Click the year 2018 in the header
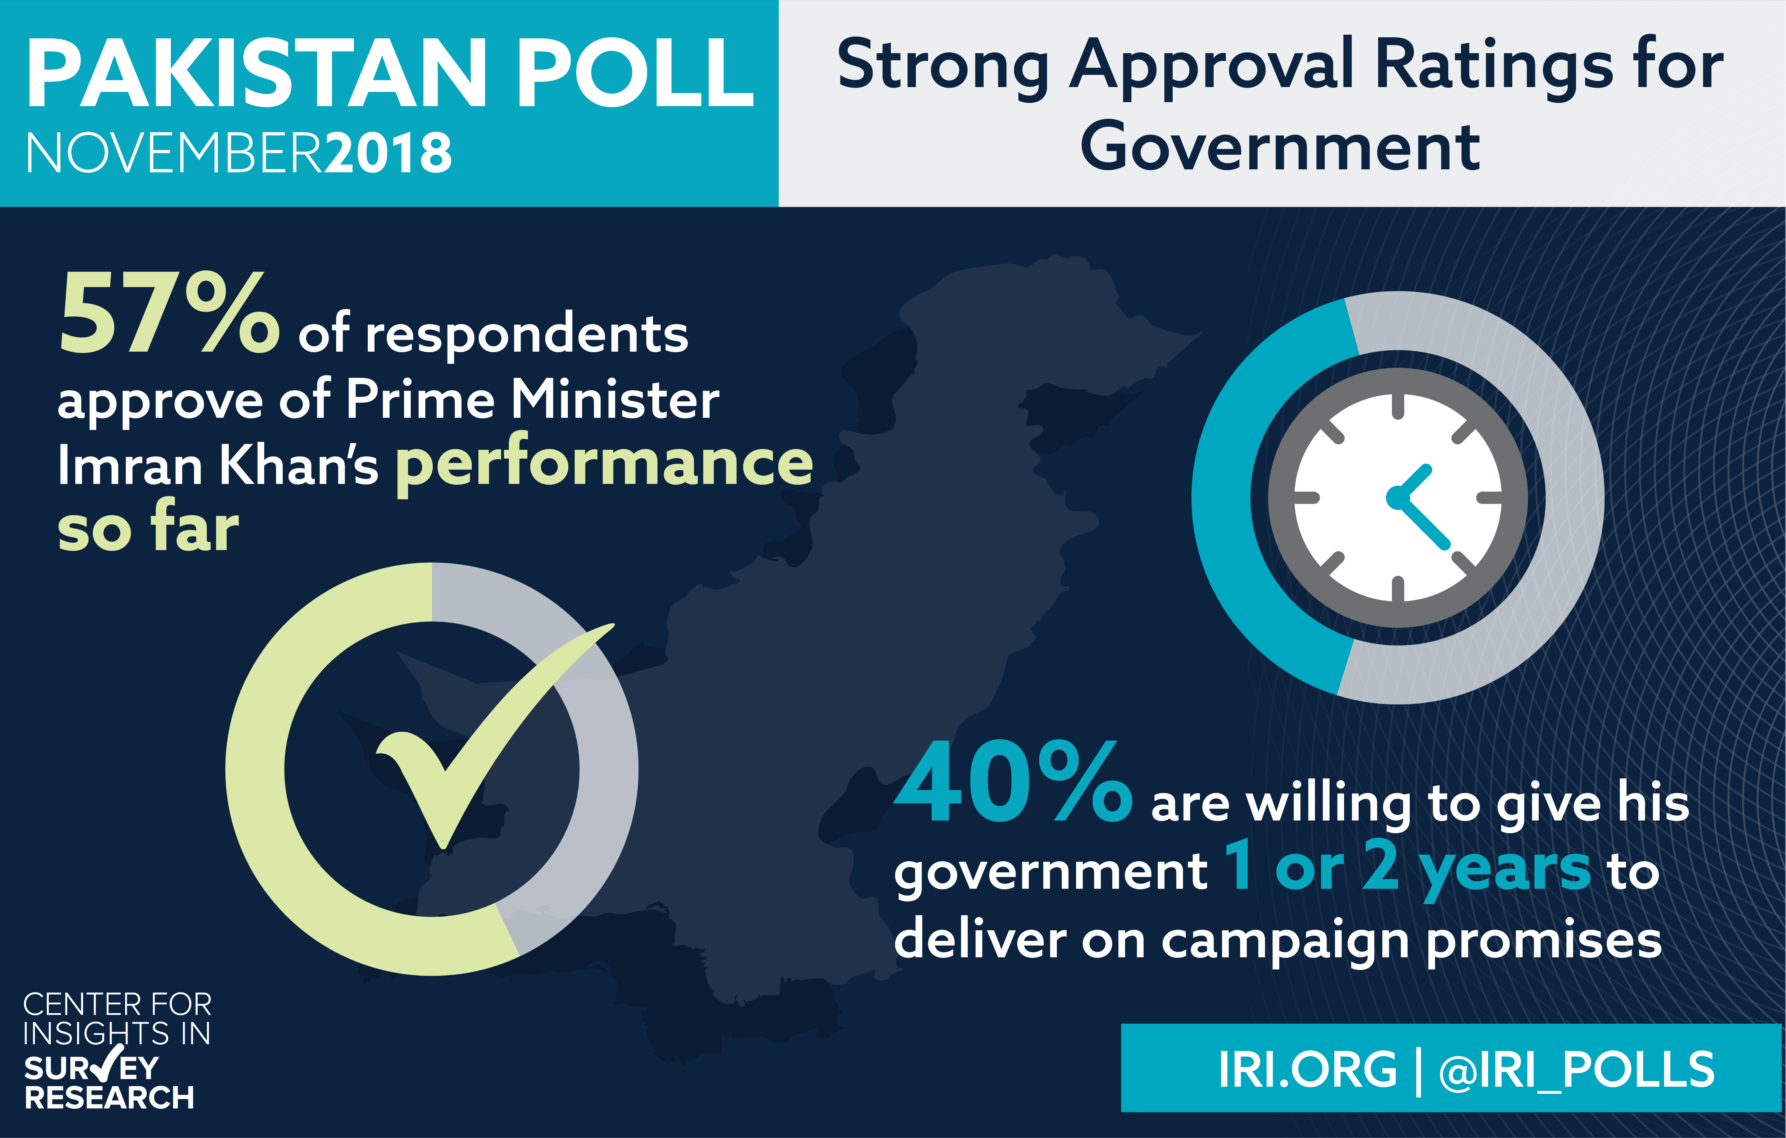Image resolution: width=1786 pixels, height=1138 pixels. pyautogui.click(x=388, y=153)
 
